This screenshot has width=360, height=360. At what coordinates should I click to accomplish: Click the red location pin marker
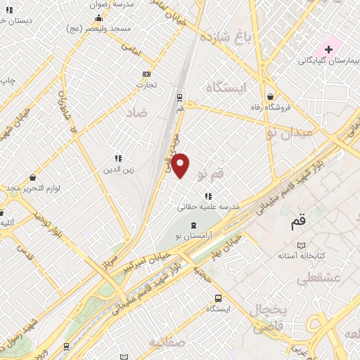tap(181, 165)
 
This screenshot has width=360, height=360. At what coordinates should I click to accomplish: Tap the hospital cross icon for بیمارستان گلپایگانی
tap(328, 49)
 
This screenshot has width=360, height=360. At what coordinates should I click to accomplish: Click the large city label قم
tap(299, 221)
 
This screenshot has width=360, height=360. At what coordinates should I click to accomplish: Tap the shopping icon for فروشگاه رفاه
tap(271, 97)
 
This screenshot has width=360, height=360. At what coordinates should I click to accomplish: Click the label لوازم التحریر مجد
tap(34, 188)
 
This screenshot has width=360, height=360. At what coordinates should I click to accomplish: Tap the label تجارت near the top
tap(146, 85)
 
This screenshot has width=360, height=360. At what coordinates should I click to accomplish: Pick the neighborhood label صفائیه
tap(167, 343)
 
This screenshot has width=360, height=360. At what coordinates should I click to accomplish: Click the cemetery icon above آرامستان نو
tap(194, 223)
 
